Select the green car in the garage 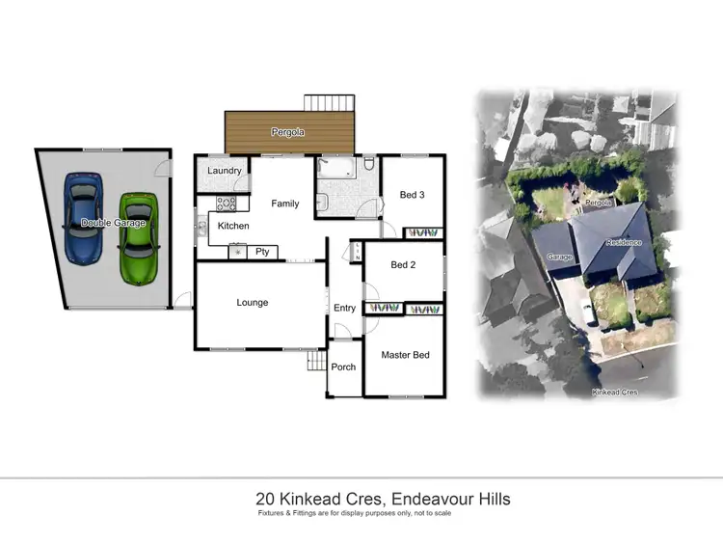click(x=139, y=238)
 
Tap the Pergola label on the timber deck click(x=287, y=133)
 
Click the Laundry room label click(x=224, y=171)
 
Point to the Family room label click(x=284, y=204)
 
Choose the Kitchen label click(x=233, y=226)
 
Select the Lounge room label click(x=253, y=303)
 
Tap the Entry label click(x=344, y=309)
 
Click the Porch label click(x=343, y=367)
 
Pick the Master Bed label click(x=405, y=355)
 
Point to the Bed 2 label click(x=403, y=264)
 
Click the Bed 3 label click(x=412, y=195)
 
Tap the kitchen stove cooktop click(x=225, y=204)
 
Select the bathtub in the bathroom click(x=336, y=170)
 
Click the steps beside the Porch click(x=316, y=362)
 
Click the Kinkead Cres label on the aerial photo click(x=614, y=393)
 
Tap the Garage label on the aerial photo click(x=559, y=258)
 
